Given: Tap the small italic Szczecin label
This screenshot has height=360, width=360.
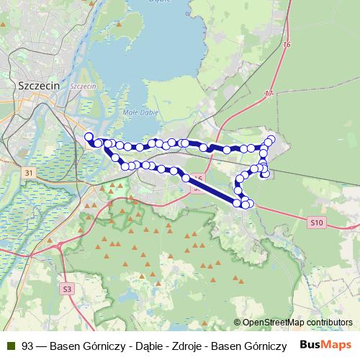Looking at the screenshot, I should click(x=84, y=86).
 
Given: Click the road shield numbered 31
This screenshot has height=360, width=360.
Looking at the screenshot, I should click(x=28, y=173).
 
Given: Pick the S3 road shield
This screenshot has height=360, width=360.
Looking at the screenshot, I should click(x=67, y=289).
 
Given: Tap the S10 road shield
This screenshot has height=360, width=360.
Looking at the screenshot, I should click(x=317, y=223).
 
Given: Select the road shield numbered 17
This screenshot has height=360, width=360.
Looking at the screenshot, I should click(x=269, y=94).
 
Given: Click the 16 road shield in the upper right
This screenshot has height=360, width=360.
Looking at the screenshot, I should click(x=287, y=45).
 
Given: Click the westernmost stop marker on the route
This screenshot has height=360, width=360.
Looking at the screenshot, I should click(x=89, y=136).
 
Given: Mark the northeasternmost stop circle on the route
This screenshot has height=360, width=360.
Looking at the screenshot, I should click(x=271, y=139).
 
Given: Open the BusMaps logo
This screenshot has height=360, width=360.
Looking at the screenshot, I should click(x=325, y=344).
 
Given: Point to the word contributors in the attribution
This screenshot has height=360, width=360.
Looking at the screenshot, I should click(x=328, y=322).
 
